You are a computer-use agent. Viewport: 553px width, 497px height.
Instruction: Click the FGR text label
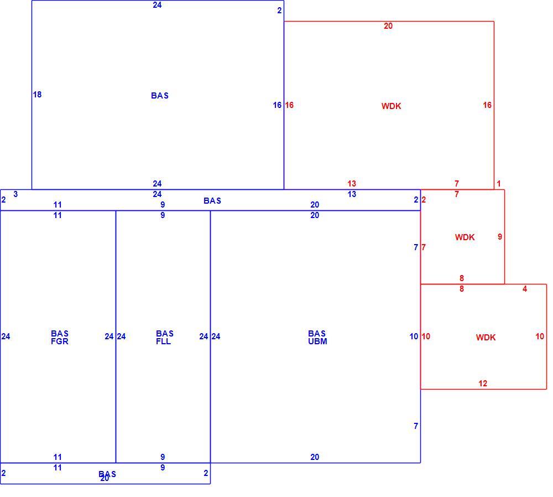pyautogui.click(x=60, y=341)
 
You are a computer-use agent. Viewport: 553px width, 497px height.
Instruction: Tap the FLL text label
pyautogui.click(x=163, y=341)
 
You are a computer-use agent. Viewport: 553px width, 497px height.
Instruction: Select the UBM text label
pyautogui.click(x=317, y=341)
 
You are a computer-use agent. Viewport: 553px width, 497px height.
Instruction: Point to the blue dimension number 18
pyautogui.click(x=37, y=94)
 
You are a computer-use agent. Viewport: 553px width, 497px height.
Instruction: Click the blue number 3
pyautogui.click(x=15, y=194)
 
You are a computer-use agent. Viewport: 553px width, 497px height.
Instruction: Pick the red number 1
pyautogui.click(x=499, y=184)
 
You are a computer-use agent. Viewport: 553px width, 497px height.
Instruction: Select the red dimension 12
pyautogui.click(x=483, y=384)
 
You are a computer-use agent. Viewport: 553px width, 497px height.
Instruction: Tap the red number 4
pyautogui.click(x=525, y=289)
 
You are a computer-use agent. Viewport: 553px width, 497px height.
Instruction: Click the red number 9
pyautogui.click(x=500, y=236)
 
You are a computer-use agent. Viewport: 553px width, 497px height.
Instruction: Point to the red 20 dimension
pyautogui.click(x=388, y=26)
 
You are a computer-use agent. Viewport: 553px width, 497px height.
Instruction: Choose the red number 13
pyautogui.click(x=352, y=184)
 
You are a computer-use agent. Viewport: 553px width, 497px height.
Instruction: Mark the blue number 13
pyautogui.click(x=352, y=194)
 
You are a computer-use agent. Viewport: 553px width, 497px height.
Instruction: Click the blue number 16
pyautogui.click(x=277, y=105)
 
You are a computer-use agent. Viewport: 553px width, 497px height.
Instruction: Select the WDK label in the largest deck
pyautogui.click(x=391, y=106)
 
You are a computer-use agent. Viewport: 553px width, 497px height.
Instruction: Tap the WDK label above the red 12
pyautogui.click(x=486, y=337)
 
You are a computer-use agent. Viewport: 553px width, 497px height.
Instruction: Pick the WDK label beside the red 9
pyautogui.click(x=465, y=237)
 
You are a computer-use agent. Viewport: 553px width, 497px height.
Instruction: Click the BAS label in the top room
pyautogui.click(x=160, y=95)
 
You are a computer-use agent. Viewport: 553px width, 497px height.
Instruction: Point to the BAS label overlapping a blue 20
pyautogui.click(x=107, y=474)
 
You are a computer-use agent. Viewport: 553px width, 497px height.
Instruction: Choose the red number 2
pyautogui.click(x=424, y=199)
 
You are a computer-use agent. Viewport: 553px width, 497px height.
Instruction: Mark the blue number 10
pyautogui.click(x=414, y=336)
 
